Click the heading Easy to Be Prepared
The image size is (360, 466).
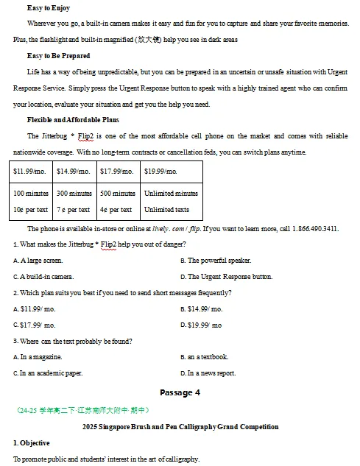[58, 56]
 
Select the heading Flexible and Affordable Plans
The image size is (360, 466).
[73, 119]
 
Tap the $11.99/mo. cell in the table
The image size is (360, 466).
[29, 172]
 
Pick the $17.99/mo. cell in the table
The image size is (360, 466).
[116, 172]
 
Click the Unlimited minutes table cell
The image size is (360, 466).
[171, 194]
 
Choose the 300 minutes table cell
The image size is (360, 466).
[74, 194]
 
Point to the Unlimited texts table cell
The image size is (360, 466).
[166, 210]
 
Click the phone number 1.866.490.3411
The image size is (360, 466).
[316, 228]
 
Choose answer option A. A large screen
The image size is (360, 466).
[38, 261]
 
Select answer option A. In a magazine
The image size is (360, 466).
[38, 357]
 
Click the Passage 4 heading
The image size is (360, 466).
[180, 392]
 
